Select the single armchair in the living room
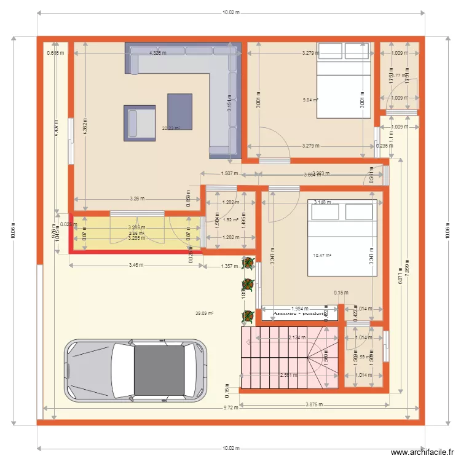coord(141,122)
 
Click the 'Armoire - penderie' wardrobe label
coord(299,313)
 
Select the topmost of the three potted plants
coord(248,263)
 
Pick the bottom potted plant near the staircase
coord(248,317)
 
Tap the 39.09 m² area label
coord(204,313)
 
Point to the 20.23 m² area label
coord(171,128)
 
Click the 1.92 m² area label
coord(230,219)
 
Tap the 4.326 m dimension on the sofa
coord(157,53)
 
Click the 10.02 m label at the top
coord(230,12)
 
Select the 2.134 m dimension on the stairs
coord(297,337)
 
